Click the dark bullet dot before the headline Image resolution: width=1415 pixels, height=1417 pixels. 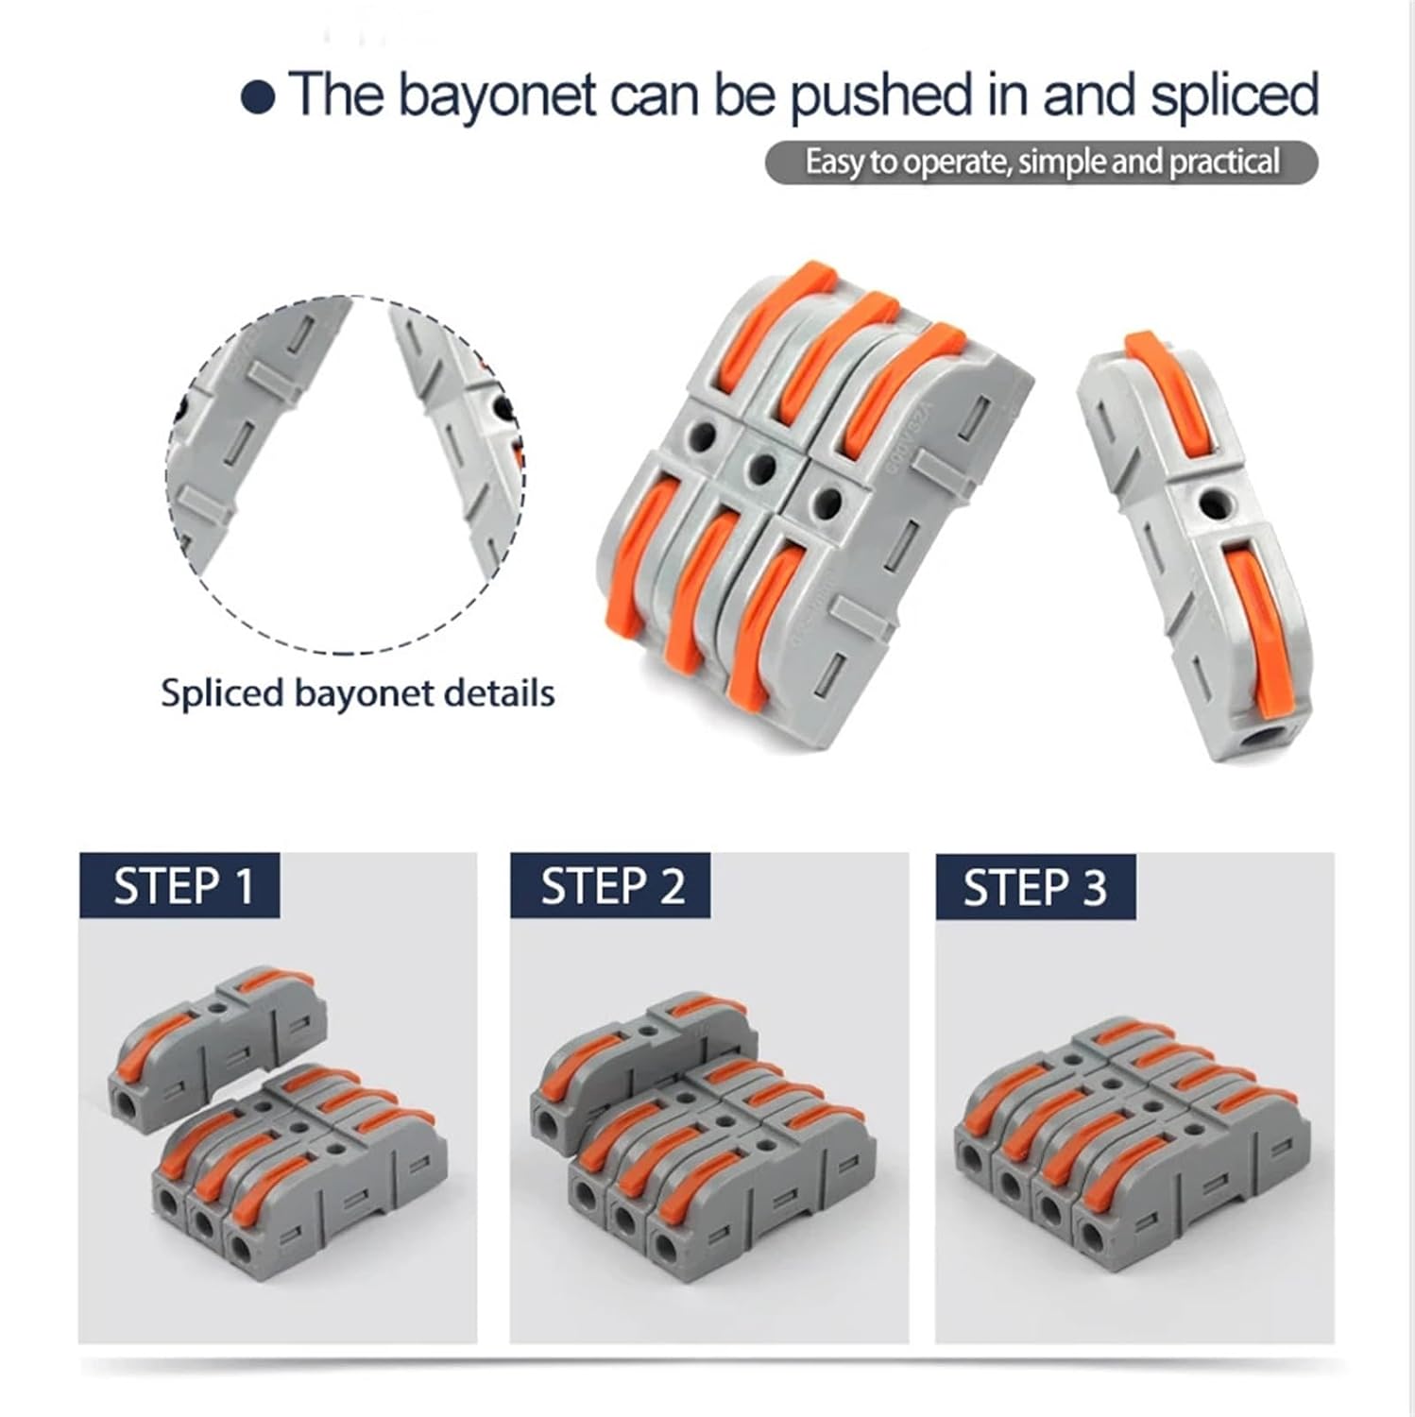coord(259,98)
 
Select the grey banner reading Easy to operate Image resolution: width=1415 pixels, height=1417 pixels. coord(1041,162)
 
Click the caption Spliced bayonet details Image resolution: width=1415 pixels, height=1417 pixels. coord(357,693)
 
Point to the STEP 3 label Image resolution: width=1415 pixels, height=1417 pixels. coord(1035,888)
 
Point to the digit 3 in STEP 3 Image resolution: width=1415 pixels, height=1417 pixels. coord(1093,888)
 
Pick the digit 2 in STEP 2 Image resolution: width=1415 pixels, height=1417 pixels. coord(671,886)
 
